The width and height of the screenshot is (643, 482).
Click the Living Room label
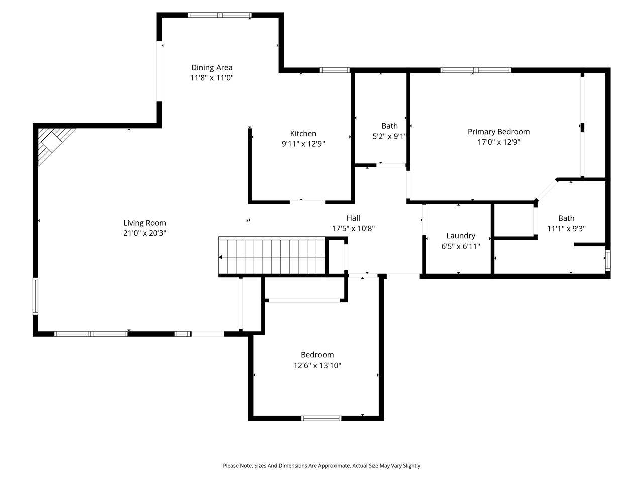145,223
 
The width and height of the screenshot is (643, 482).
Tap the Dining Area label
211,67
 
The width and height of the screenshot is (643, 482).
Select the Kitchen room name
303,133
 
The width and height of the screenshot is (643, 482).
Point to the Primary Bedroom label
498,132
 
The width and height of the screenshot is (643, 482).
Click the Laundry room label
461,235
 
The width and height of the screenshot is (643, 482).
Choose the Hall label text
353,218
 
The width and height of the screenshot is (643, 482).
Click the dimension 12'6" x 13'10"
317,366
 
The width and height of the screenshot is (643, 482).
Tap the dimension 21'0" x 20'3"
145,233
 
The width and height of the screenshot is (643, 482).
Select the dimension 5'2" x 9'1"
389,136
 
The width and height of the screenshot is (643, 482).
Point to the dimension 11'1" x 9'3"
566,229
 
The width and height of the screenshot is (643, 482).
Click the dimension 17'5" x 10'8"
353,228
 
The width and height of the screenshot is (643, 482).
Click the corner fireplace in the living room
53,143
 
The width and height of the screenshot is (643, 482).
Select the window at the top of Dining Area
220,15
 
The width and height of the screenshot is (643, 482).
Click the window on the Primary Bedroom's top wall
475,70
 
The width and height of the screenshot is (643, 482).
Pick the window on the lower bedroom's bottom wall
321,418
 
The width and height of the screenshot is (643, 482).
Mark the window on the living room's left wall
36,296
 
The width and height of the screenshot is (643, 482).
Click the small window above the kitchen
335,70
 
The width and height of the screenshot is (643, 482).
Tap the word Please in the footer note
232,466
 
